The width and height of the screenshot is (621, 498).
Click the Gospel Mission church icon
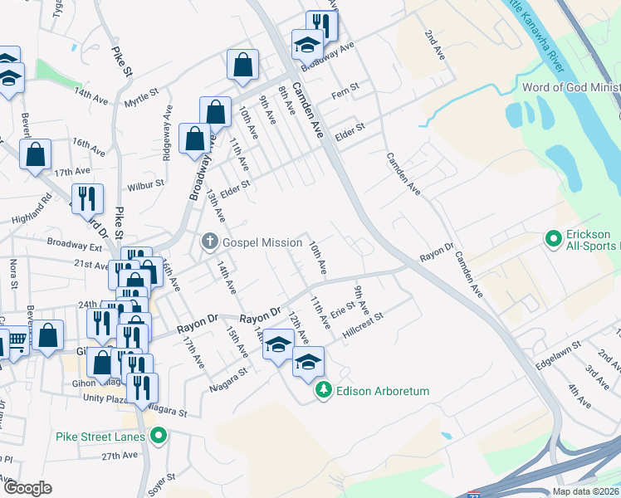(209, 242)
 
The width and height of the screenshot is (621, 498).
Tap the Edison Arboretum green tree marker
(324, 390)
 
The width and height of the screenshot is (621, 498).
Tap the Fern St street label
(344, 87)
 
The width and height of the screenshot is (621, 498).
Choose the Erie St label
(343, 310)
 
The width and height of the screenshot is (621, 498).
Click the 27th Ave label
(120, 456)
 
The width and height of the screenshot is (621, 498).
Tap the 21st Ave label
(90, 266)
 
